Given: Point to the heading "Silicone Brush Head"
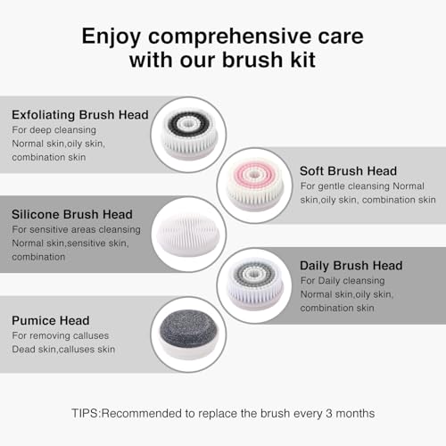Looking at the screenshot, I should (71, 214).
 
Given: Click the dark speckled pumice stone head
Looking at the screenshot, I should (187, 332).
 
